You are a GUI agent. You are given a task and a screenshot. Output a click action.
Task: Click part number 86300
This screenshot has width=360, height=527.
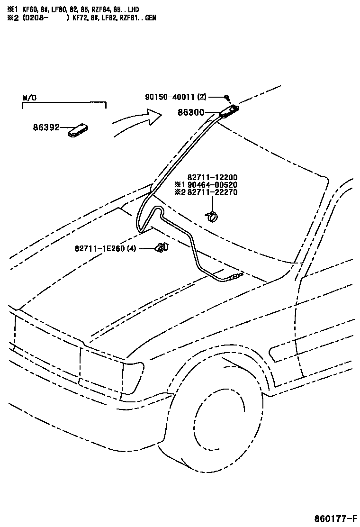point(191,113)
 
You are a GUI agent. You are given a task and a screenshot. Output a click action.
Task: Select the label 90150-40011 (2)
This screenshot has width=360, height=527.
point(175,97)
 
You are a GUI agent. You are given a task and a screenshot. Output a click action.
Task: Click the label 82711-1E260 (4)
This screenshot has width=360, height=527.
point(105,248)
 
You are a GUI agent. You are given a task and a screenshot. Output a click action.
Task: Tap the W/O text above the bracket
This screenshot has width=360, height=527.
point(29,98)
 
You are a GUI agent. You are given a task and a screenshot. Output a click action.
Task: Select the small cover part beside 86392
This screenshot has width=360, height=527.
point(79,130)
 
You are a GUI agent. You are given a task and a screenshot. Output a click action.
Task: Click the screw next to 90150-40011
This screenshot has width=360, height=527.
point(227,97)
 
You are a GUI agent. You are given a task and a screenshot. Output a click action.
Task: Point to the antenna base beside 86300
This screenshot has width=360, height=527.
point(229,111)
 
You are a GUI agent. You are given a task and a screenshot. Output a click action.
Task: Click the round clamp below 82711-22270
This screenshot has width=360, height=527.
point(212,216)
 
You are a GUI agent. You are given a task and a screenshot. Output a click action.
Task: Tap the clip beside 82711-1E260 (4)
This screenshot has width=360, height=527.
point(162,246)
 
